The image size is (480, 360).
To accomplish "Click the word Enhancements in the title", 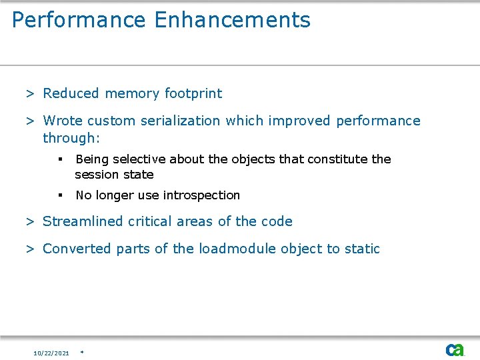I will point(232,20).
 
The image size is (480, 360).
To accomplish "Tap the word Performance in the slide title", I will point(79,20).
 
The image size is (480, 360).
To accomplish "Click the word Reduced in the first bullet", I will point(71,93).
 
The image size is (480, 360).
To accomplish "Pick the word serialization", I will point(179,121).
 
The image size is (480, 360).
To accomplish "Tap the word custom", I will point(110,121).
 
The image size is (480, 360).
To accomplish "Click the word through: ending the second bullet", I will point(71,138).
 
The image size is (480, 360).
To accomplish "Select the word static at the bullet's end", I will point(362,249).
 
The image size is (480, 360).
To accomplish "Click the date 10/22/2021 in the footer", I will point(51,353).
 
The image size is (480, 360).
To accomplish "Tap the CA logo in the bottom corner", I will point(455,350).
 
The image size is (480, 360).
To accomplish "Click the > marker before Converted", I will point(30,249).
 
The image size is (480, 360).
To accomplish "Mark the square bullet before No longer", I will point(60,195).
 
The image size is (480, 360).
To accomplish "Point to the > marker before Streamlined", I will point(30,221).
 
